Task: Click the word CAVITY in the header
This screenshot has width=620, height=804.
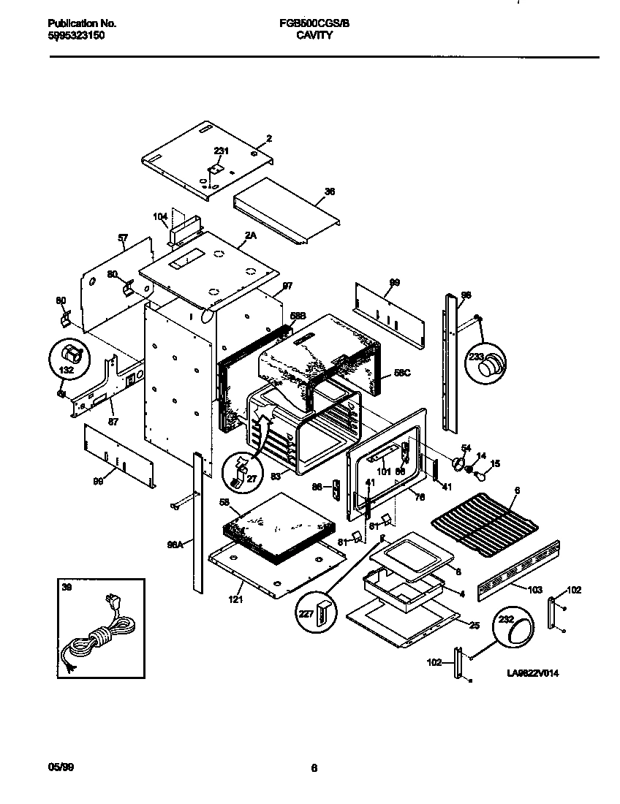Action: click(314, 34)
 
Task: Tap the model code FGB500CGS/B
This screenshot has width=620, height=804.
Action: click(314, 23)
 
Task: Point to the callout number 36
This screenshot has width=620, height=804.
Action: click(329, 191)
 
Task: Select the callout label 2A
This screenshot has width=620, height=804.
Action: click(250, 235)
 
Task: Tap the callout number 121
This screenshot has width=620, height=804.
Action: click(235, 599)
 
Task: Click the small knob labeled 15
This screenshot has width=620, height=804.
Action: click(482, 476)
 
